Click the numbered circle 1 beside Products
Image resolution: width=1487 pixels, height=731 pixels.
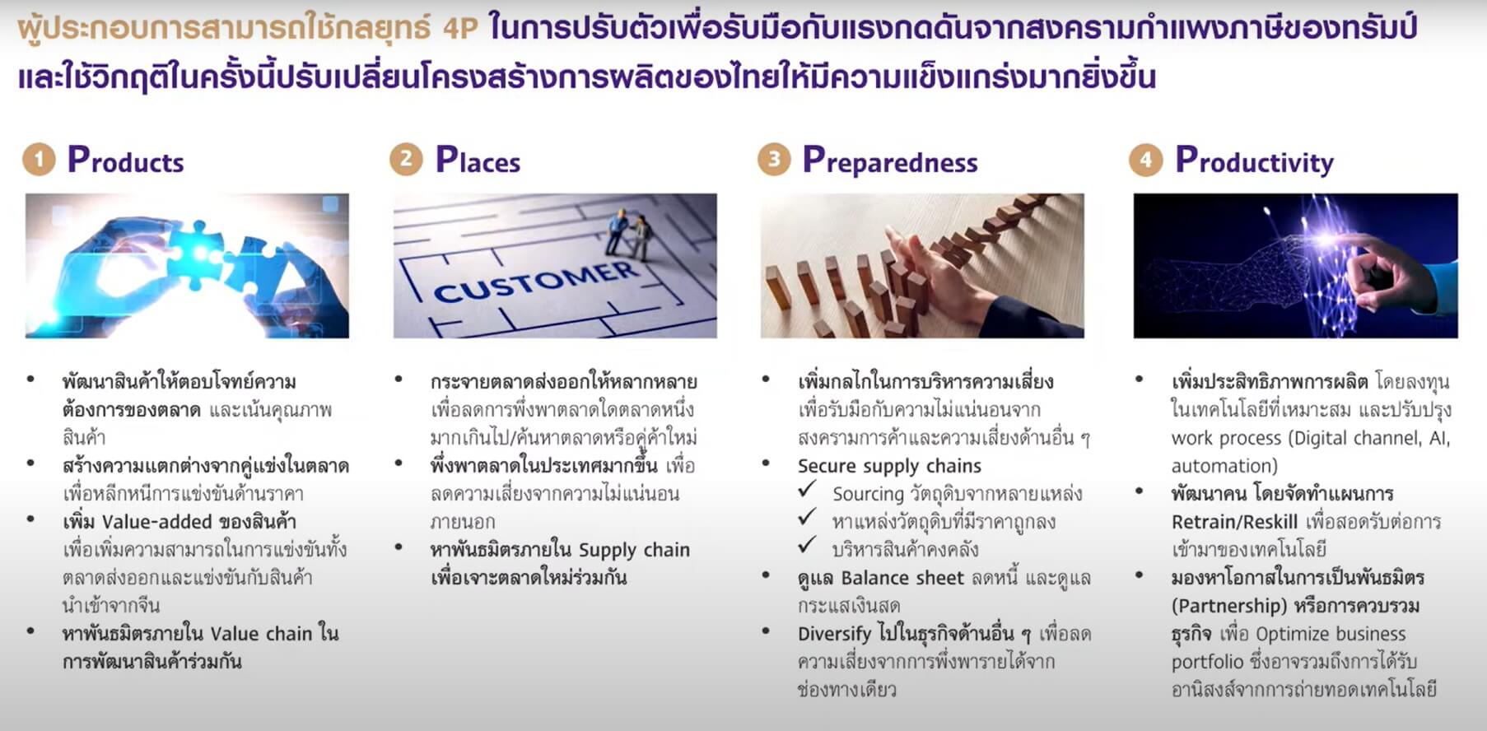coord(39,160)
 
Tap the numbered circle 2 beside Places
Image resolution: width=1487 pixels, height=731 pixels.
coord(406,160)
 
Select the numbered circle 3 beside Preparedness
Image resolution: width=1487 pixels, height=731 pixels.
coord(774,160)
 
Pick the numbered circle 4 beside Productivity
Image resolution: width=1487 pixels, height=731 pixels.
coord(1145,160)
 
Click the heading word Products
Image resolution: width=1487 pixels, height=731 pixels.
coord(126,161)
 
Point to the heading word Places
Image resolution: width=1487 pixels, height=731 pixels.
coord(478,161)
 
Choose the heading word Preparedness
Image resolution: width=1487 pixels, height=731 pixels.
coord(890,161)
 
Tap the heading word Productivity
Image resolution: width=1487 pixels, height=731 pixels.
coord(1254,161)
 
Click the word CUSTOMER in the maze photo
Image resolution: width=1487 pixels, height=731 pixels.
coord(535,282)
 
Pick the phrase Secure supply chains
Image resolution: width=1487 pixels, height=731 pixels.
coord(889,466)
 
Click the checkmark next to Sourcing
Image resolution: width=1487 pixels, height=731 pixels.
coord(808,490)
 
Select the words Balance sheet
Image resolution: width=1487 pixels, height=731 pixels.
coord(902,578)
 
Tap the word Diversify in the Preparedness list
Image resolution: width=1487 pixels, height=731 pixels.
coord(834,634)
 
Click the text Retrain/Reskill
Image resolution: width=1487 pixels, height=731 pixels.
coord(1234,522)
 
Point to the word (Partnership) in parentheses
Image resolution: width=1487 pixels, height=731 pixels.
coord(1228,606)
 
